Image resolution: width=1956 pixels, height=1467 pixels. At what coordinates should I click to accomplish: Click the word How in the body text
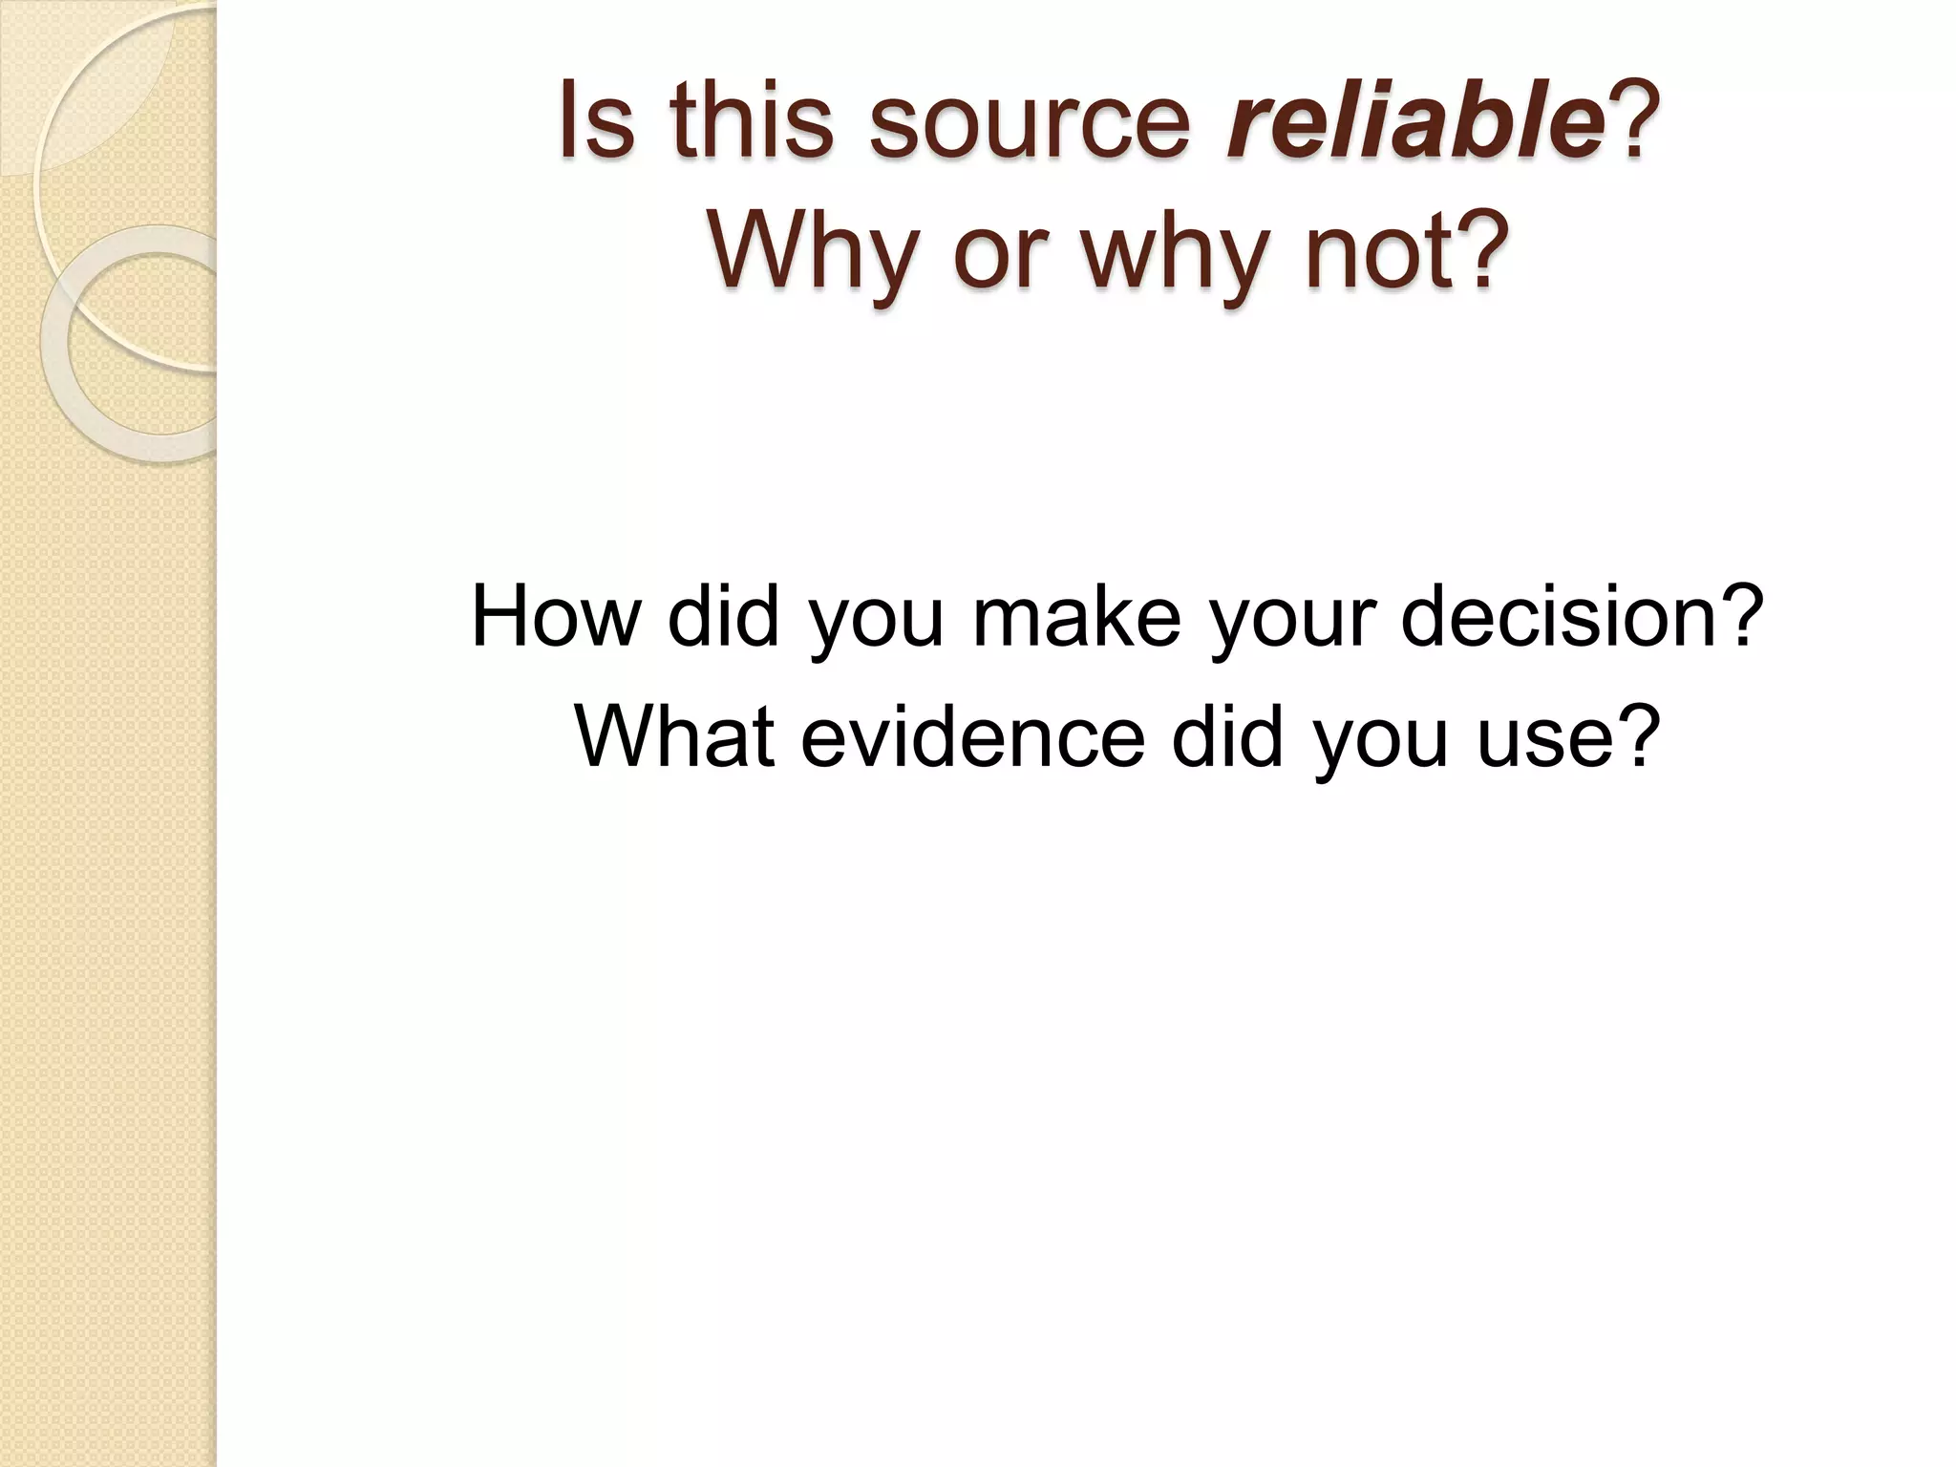click(x=555, y=617)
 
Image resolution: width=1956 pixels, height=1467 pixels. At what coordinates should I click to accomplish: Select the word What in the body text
click(x=674, y=736)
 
